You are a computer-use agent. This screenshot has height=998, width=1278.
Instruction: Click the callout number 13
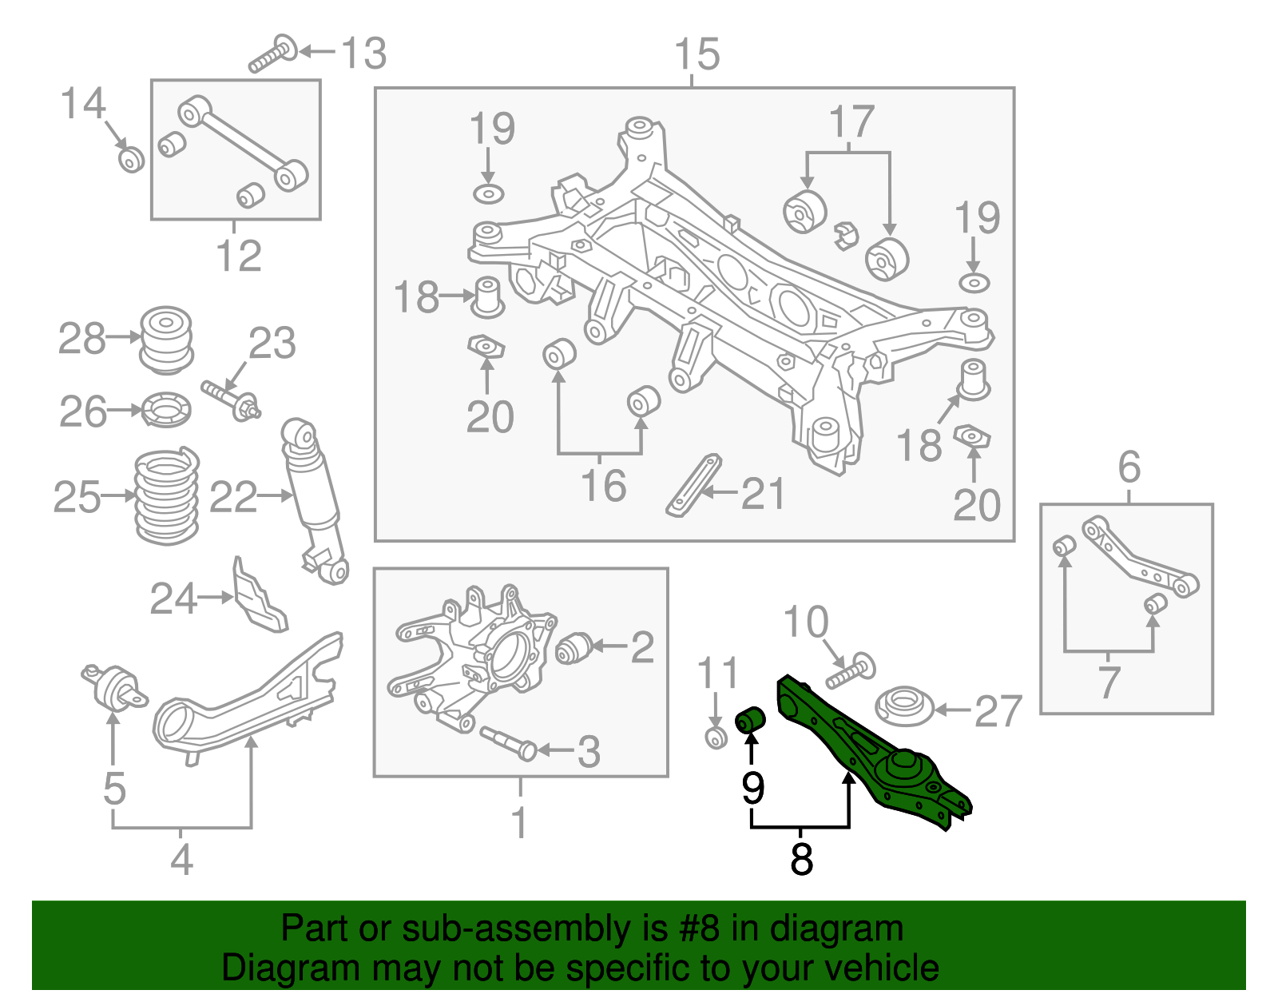point(363,54)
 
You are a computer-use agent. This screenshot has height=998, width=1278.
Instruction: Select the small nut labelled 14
point(131,159)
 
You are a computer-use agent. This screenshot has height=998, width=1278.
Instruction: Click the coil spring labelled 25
point(166,497)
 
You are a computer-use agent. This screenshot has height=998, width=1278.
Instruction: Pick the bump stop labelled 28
point(166,339)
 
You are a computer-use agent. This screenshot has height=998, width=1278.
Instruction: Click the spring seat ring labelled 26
point(166,410)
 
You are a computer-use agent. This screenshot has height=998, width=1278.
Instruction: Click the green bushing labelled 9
point(750,718)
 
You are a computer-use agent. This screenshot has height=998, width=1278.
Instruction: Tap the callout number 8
point(800,859)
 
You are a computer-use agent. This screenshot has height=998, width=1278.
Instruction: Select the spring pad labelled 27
point(905,706)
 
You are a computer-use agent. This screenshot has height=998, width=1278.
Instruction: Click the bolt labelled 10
point(850,671)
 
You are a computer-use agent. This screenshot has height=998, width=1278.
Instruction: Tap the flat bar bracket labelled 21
point(694,485)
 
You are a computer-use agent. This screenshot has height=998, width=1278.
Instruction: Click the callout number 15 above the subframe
point(697,54)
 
